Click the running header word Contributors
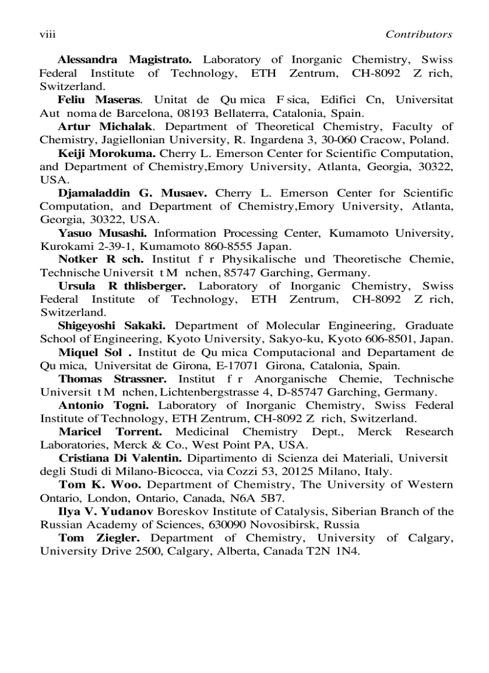418,35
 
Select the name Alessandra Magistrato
125,60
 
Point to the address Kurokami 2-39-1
76,246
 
